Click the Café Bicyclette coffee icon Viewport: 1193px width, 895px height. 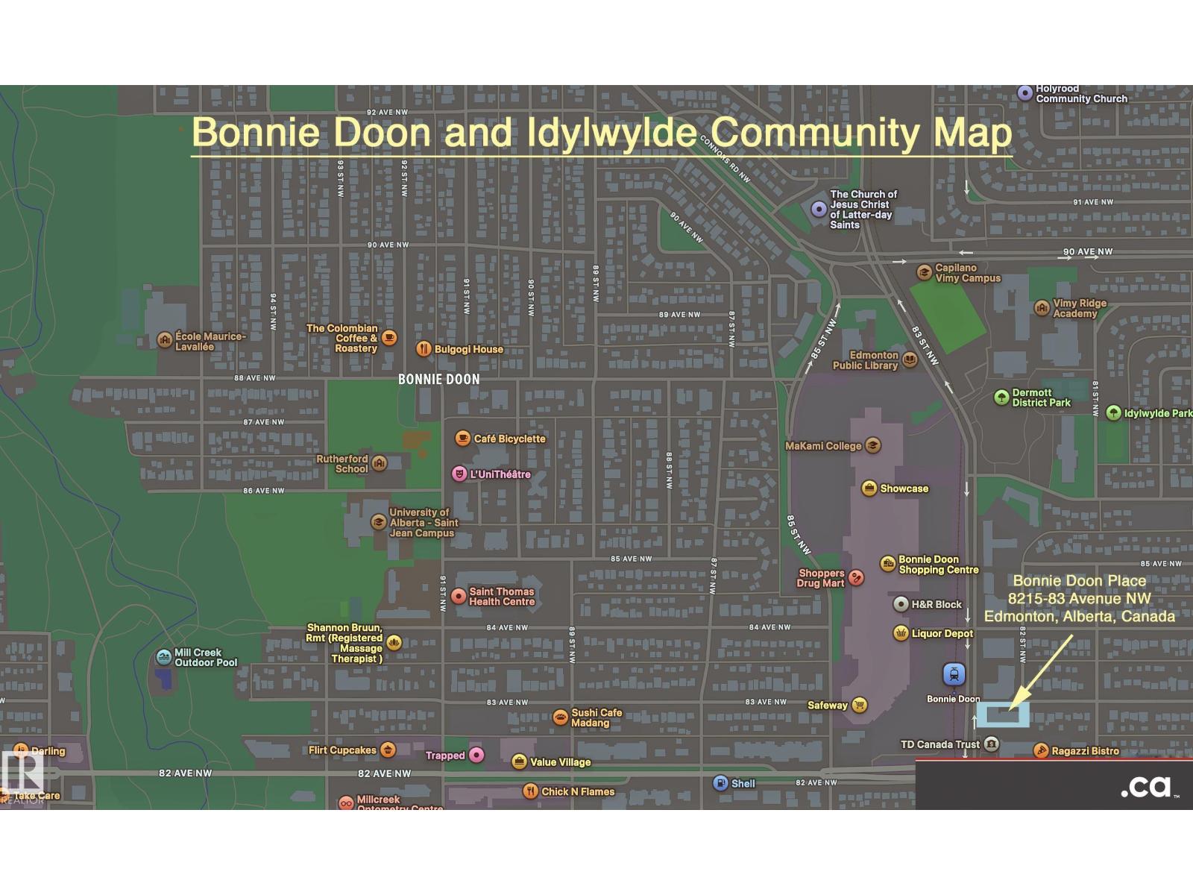pyautogui.click(x=462, y=439)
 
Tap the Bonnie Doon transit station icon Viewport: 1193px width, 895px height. pyautogui.click(x=954, y=674)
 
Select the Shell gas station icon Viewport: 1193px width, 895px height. pyautogui.click(x=720, y=783)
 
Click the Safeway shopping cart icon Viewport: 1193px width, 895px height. pyautogui.click(x=859, y=705)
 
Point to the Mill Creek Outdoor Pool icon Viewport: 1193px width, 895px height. pyautogui.click(x=164, y=657)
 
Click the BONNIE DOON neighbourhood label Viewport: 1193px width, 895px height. pyautogui.click(x=438, y=379)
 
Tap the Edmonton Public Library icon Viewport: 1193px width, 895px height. pyautogui.click(x=910, y=361)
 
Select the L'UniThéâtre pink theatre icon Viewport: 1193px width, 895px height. pyautogui.click(x=459, y=474)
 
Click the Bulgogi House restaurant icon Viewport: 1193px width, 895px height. pyautogui.click(x=424, y=349)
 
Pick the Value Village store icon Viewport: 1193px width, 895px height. pyautogui.click(x=520, y=761)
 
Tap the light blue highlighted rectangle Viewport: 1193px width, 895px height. pyautogui.click(x=1003, y=715)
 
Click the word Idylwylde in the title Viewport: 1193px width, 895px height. pyautogui.click(x=611, y=133)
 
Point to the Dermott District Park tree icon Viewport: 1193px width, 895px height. pyautogui.click(x=1001, y=398)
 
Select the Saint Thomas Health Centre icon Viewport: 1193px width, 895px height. pyautogui.click(x=459, y=597)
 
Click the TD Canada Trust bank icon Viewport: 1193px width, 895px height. pyautogui.click(x=990, y=744)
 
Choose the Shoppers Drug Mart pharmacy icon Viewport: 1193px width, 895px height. pyautogui.click(x=857, y=578)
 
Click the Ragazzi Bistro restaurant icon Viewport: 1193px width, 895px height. pyautogui.click(x=1041, y=751)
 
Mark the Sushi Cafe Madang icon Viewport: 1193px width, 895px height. pyautogui.click(x=561, y=717)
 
